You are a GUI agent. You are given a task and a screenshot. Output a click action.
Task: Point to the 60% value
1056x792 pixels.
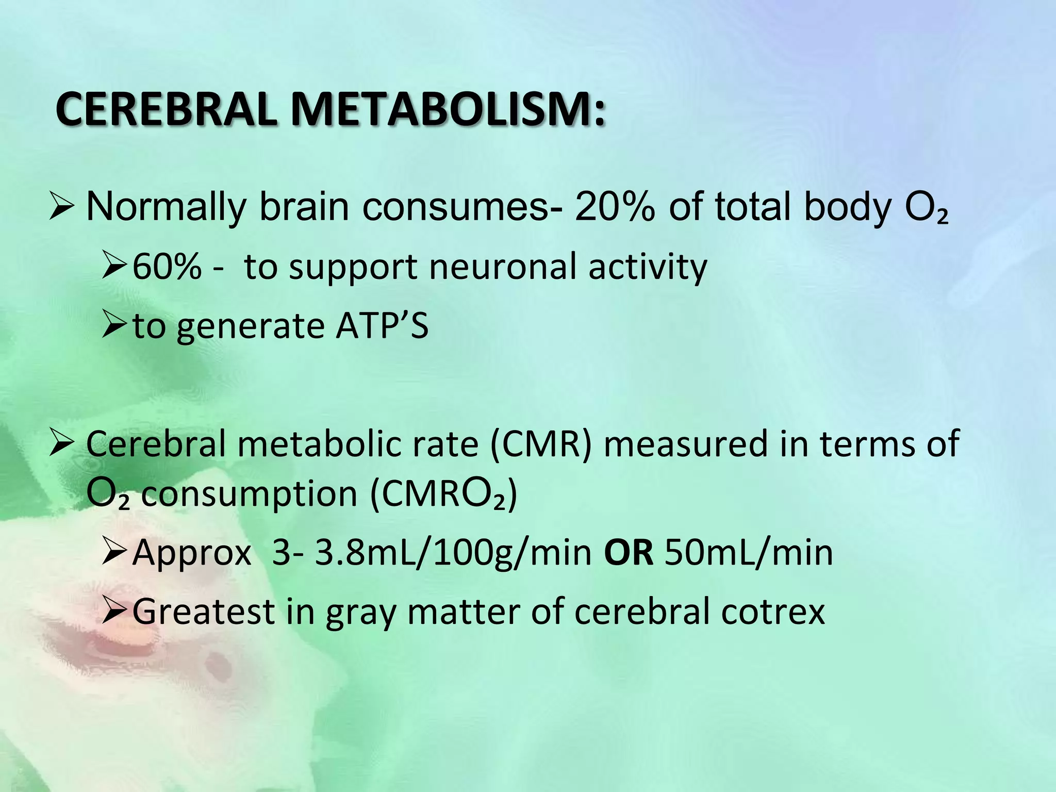pos(167,267)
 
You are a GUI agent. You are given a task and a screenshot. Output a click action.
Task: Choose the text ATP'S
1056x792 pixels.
pos(382,326)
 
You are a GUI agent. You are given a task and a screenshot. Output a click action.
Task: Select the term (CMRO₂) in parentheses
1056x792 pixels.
pos(443,494)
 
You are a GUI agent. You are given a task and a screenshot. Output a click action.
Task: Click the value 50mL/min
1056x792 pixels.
pos(749,553)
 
